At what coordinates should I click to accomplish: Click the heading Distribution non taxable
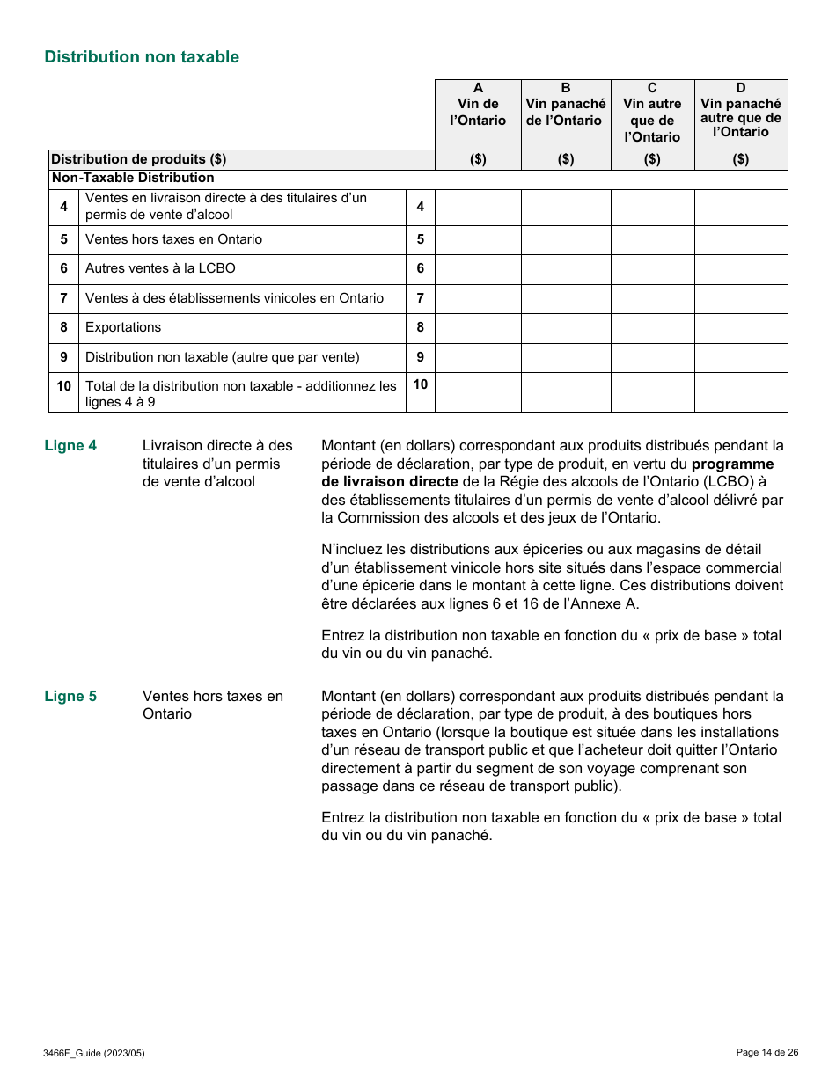coord(142,57)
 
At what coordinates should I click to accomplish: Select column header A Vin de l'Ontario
coord(478,105)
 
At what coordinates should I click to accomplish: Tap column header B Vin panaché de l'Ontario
coord(566,105)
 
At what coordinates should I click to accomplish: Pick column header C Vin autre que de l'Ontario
coord(652,113)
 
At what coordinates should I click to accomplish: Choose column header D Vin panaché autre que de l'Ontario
coord(741,111)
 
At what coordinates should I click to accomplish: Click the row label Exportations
coord(123,327)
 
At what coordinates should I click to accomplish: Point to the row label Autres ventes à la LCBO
coord(160,268)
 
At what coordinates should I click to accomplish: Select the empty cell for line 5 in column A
coord(478,239)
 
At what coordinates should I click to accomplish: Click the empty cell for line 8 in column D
coord(741,327)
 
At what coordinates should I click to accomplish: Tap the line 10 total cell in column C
coord(652,392)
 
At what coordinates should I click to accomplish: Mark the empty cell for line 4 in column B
coord(566,207)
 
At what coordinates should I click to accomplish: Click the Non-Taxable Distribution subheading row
coord(133,178)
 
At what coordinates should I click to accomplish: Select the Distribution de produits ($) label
coord(139,159)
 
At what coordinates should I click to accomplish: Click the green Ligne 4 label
coord(70,445)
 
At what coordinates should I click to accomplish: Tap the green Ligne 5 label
coord(70,696)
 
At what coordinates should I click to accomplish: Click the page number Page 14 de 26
coord(767,1052)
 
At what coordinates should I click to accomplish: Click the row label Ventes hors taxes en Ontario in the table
coord(173,239)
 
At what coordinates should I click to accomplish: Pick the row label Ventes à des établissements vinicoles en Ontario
coord(234,298)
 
